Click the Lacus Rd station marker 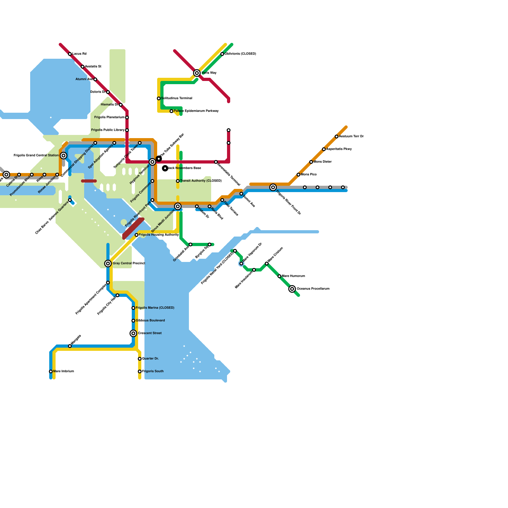click(70, 54)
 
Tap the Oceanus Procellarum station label click(313, 289)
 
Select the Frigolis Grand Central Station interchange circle click(63, 156)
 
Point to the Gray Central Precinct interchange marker click(108, 264)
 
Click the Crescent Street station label click(150, 333)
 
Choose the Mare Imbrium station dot click(51, 371)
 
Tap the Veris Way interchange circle click(197, 73)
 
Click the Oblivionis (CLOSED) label click(240, 54)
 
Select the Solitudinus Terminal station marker click(159, 98)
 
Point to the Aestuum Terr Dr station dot click(337, 137)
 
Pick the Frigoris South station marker click(140, 371)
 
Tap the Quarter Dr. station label click(150, 359)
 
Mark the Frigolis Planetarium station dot click(127, 117)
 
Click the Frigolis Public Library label click(108, 130)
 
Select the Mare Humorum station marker click(279, 276)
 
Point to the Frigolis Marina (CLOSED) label click(155, 308)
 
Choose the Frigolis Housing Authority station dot click(137, 235)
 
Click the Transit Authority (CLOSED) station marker click(178, 181)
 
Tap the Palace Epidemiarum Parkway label click(196, 111)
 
